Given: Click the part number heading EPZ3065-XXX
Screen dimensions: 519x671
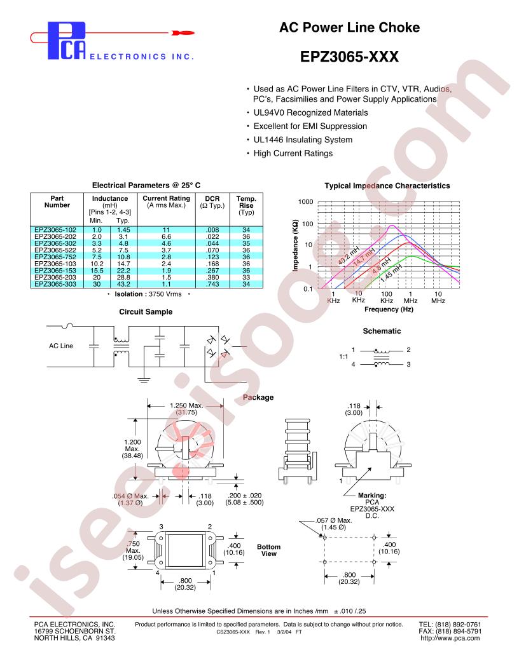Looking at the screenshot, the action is coord(349,57).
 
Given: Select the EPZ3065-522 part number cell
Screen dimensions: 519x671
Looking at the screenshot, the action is coord(55,250).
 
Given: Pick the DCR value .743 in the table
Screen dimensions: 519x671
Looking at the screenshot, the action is coord(212,284).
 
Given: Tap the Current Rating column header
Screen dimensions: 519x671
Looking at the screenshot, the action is coord(166,201).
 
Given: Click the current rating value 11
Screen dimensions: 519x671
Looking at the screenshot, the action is coord(166,230).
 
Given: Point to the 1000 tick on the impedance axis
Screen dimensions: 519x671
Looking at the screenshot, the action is coord(305,201).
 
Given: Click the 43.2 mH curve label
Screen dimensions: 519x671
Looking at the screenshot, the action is coord(349,256).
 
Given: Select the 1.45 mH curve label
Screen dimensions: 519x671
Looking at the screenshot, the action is coord(391,273).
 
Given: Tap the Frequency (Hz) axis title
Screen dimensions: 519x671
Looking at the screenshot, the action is coord(389,309).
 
